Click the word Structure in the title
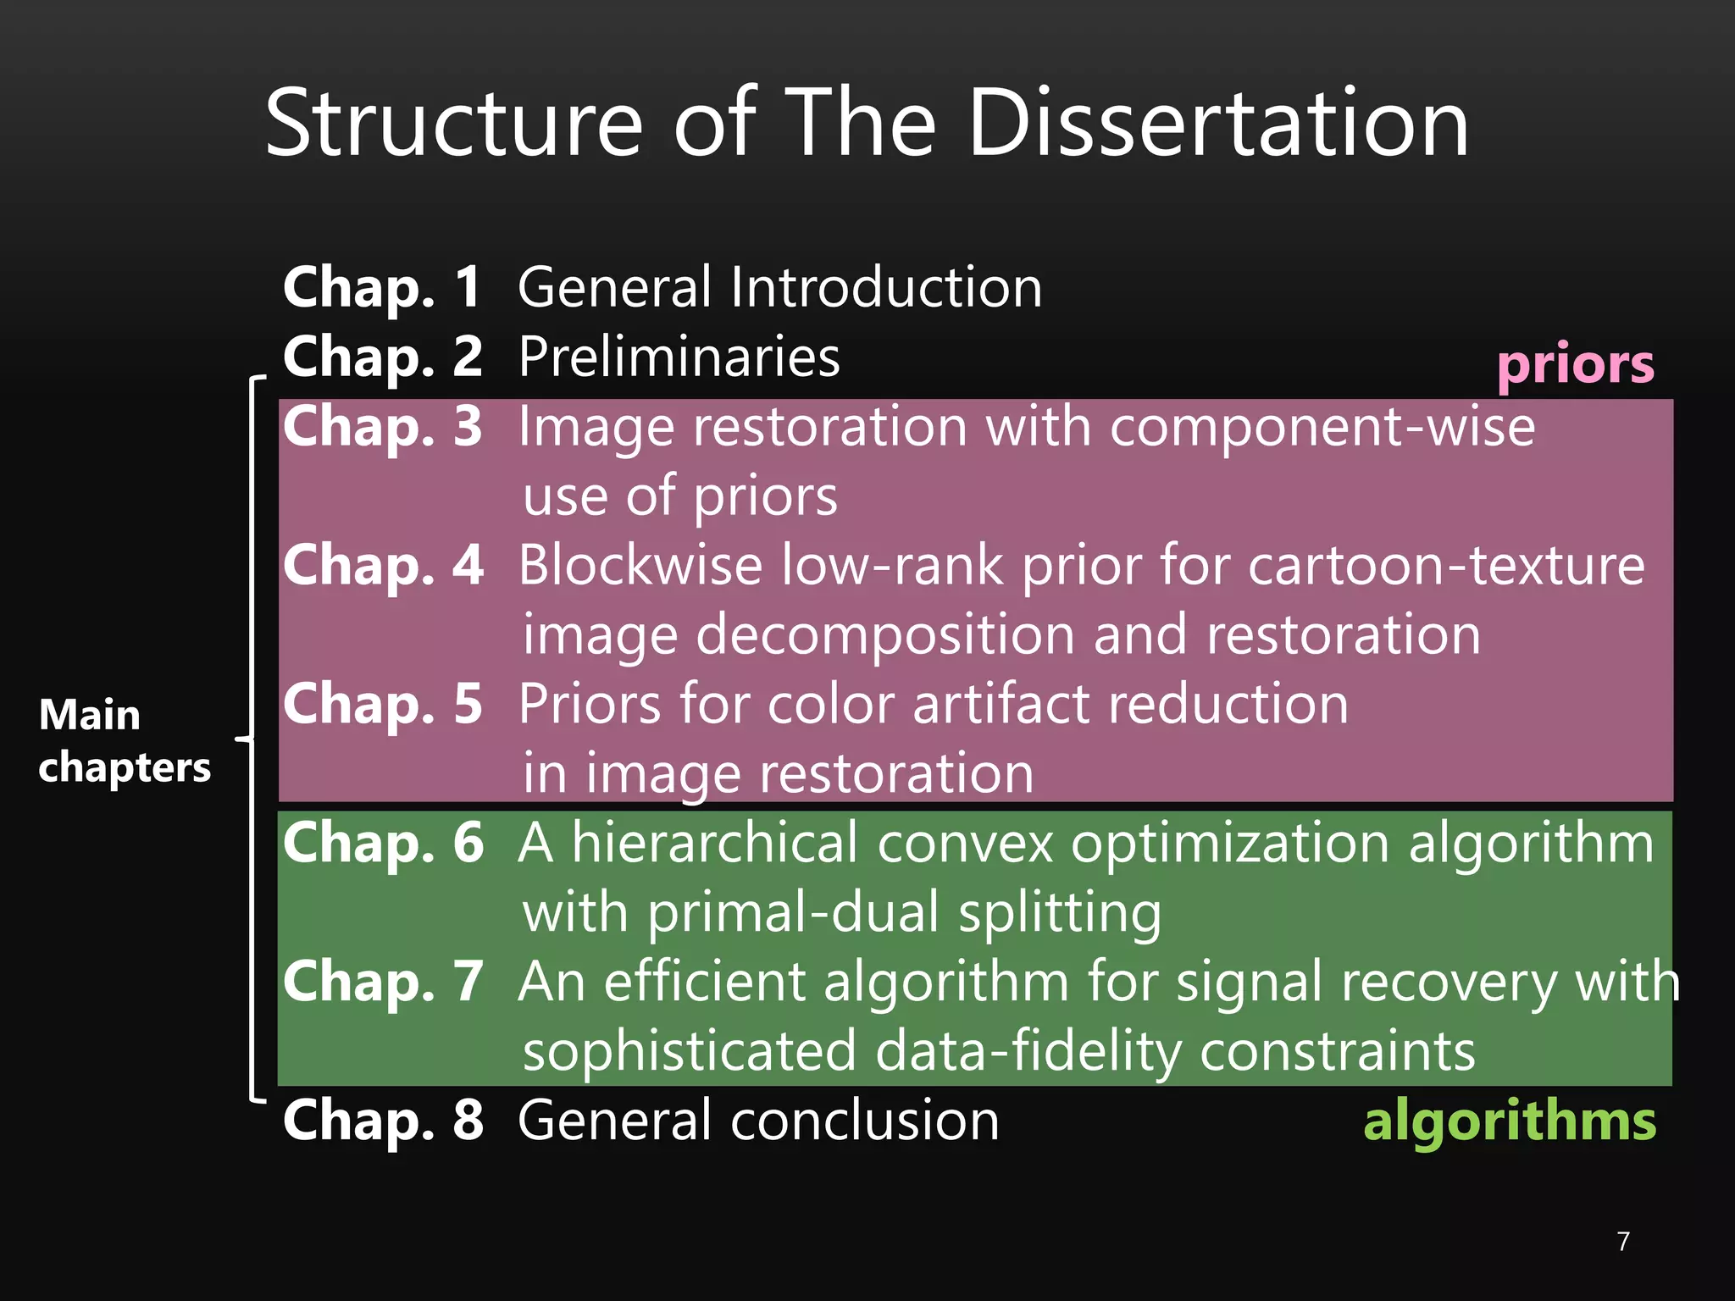pos(454,124)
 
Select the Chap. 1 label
pos(383,287)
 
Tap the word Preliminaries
pos(679,357)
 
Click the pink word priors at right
pos(1575,365)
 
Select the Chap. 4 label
pos(383,565)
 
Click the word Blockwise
pos(640,565)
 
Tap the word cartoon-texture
pos(1446,565)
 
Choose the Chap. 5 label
pos(383,704)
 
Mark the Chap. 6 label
pos(383,843)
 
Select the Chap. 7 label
pos(383,982)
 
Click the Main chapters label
pos(124,740)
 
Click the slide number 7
pos(1622,1241)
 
